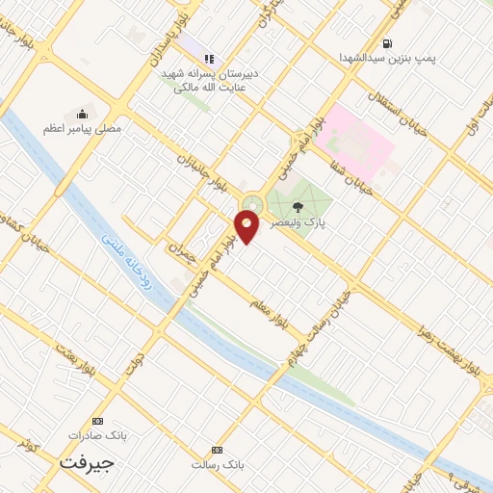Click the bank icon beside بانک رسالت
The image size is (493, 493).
click(216, 451)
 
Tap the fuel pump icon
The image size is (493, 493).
click(387, 42)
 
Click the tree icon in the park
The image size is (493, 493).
click(297, 205)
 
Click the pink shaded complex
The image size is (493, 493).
click(358, 143)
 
